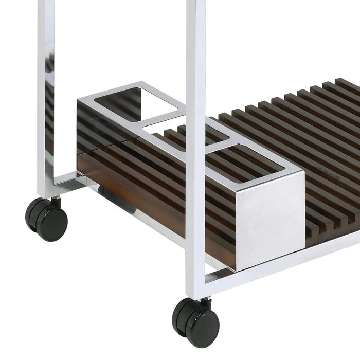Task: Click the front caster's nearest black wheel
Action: point(203,328)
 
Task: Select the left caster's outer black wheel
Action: point(52,223)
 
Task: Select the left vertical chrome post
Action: point(46,93)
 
